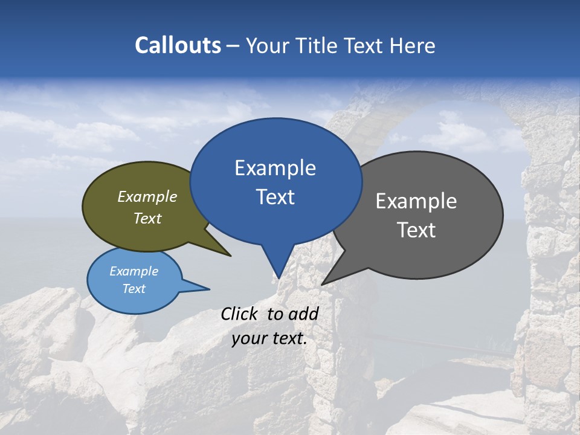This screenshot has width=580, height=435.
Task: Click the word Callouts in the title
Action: [178, 45]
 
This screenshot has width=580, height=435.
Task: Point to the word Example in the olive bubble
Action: [147, 196]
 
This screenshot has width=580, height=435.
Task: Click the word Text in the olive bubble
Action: [147, 218]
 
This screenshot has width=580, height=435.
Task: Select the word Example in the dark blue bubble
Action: [275, 168]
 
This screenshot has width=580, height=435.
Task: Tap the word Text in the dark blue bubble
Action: [275, 197]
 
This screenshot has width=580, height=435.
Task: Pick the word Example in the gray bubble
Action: [416, 201]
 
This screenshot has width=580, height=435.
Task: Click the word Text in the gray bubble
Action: [416, 230]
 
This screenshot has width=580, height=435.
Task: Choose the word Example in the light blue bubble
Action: [134, 271]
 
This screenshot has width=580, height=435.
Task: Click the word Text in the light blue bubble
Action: [134, 289]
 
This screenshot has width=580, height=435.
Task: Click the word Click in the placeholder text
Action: [239, 314]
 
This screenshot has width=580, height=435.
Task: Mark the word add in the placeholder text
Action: [303, 314]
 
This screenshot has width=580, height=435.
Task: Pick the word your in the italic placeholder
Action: [248, 338]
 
